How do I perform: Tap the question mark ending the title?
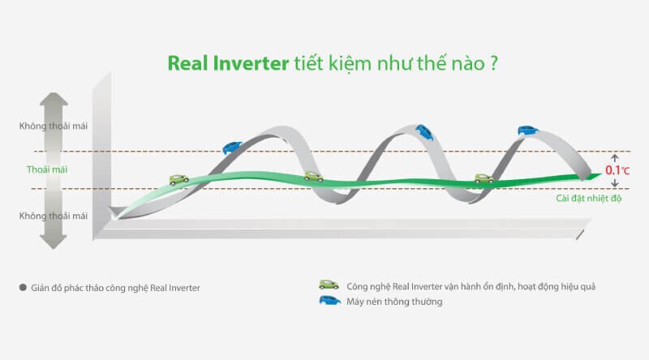pos(493,63)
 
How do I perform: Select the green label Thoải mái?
pos(41,170)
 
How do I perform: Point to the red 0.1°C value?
pos(616,171)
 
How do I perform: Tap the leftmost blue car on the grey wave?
pos(233,147)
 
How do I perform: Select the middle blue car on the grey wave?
pos(423,130)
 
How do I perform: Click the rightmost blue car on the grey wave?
pos(528,130)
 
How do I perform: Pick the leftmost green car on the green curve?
pos(179,179)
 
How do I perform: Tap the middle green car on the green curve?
pos(313,177)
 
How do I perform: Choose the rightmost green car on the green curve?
pos(484,178)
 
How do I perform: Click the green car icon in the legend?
pos(329,285)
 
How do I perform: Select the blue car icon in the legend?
pos(329,301)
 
